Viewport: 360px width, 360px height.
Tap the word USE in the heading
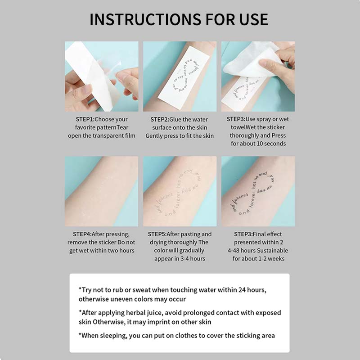pyautogui.click(x=251, y=19)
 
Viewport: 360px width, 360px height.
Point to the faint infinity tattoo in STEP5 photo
pyautogui.click(x=179, y=193)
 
